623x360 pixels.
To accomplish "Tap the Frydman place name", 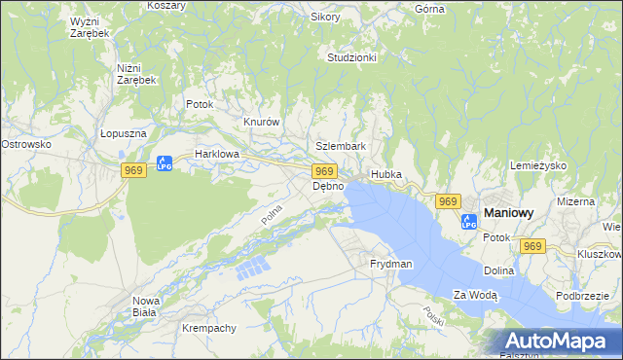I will pyautogui.click(x=391, y=264).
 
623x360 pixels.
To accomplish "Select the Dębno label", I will pyautogui.click(x=328, y=186).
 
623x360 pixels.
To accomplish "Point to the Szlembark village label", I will pyautogui.click(x=341, y=146).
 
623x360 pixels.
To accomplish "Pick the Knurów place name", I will pyautogui.click(x=261, y=123).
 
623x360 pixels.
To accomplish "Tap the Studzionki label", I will pyautogui.click(x=351, y=57).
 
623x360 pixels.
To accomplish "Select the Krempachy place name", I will pyautogui.click(x=209, y=328).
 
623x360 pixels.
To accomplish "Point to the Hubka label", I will pyautogui.click(x=386, y=174).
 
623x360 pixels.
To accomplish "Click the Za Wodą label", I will pyautogui.click(x=475, y=294).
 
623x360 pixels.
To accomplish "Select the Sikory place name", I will pyautogui.click(x=325, y=17).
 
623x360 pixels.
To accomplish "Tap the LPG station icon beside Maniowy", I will pyautogui.click(x=469, y=219).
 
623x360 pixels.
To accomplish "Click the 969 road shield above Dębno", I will pyautogui.click(x=326, y=171).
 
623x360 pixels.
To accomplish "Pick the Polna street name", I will pyautogui.click(x=272, y=215).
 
